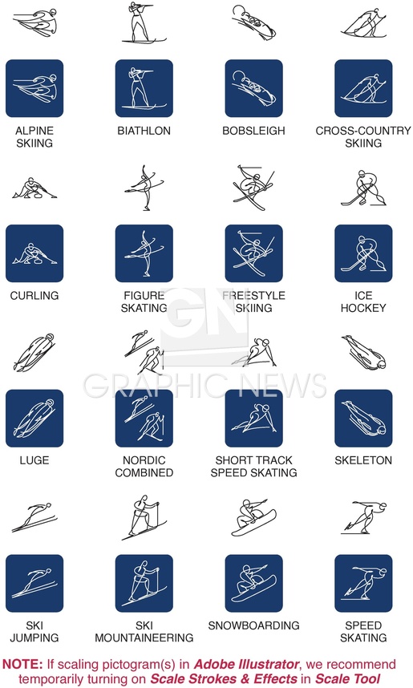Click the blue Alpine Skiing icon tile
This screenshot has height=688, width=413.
34,88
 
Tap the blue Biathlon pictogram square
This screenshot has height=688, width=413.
144,88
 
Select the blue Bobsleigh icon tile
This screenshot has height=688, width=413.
253,88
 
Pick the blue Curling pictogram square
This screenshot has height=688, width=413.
34,253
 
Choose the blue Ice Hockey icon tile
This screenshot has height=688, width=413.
363,253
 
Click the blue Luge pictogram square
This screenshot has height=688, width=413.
34,418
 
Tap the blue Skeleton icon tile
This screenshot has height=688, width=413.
363,418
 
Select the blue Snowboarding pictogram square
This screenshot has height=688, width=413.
253,583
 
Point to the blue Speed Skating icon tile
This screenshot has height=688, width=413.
363,583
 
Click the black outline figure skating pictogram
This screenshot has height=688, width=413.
145,188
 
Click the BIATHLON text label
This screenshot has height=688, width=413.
144,131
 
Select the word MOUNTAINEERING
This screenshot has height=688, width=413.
144,637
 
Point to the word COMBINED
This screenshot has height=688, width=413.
144,472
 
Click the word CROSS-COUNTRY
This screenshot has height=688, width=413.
363,131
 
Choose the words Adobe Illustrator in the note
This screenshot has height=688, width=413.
246,664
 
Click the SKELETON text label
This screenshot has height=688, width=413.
363,460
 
